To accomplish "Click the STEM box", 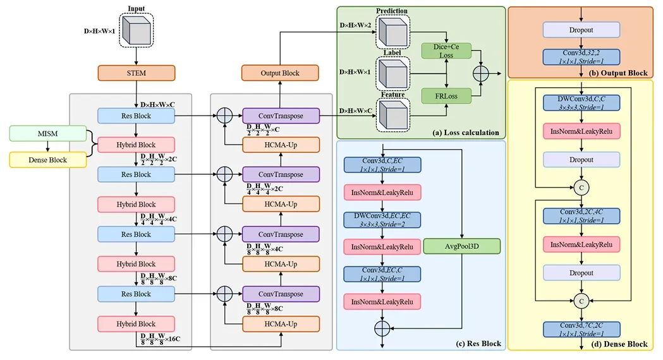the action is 136,73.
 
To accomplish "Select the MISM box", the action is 48,133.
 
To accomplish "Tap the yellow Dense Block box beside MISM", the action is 48,160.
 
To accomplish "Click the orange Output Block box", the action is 280,73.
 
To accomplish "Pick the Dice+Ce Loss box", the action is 446,51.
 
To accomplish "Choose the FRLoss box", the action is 446,96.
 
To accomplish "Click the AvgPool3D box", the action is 462,246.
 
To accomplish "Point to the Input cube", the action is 136,30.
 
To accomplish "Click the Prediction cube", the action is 393,32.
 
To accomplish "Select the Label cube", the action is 393,73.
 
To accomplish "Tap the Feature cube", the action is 393,115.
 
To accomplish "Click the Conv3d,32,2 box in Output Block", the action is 581,57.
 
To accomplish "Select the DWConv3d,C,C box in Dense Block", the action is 581,103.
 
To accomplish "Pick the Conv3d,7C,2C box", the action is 581,329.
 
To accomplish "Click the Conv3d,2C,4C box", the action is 581,216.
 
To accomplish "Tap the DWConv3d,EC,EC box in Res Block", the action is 382,220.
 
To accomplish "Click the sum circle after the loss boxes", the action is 481,73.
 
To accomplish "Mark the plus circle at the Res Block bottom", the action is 382,328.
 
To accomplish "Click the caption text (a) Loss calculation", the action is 466,133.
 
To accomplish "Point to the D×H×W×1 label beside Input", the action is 99,31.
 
